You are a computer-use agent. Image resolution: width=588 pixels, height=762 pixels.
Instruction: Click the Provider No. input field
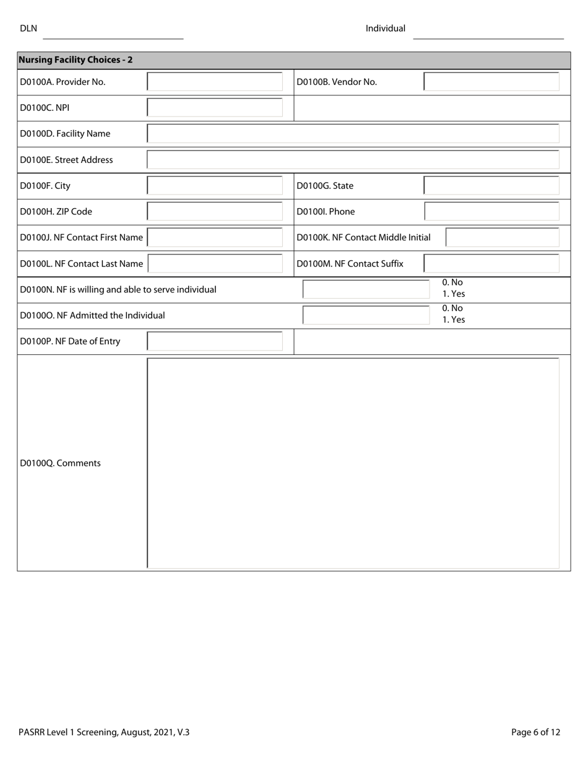coord(215,82)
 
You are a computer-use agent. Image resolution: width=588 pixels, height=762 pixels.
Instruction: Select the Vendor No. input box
coord(491,82)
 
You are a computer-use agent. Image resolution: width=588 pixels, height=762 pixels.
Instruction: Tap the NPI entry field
coord(215,108)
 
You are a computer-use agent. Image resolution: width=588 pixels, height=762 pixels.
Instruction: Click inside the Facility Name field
coord(353,134)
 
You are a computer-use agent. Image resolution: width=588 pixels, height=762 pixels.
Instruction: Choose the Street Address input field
coord(353,160)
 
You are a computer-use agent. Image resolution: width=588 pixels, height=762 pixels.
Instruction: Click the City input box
coord(215,186)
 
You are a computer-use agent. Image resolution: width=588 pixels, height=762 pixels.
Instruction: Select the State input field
coord(491,186)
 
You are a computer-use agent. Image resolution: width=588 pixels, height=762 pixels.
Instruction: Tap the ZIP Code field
coord(215,212)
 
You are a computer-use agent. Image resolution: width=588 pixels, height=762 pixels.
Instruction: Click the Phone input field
coord(491,212)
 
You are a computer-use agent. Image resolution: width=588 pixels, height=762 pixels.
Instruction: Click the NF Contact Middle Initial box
coord(502,238)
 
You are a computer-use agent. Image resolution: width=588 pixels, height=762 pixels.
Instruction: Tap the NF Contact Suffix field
coord(491,264)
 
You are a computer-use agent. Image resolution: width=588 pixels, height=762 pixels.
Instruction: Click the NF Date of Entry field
coord(215,341)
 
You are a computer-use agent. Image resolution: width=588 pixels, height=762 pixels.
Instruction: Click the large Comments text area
coord(353,463)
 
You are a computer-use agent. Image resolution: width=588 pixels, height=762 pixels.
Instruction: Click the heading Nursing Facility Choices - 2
coord(76,60)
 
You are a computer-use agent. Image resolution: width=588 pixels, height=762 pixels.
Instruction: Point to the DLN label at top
coord(28,28)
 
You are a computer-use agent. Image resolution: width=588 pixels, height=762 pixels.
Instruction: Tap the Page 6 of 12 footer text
coord(535,732)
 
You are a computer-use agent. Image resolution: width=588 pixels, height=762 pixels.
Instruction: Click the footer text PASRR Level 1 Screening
coord(104,732)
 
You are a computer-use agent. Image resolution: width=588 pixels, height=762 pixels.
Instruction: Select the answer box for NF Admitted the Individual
coord(366,315)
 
